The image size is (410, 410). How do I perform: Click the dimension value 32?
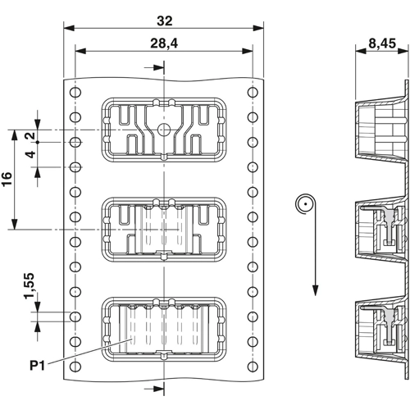coord(165,21)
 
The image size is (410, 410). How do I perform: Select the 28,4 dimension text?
coord(164,43)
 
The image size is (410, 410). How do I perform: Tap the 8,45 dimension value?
coord(382,43)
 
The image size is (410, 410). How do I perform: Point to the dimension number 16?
coord(7,179)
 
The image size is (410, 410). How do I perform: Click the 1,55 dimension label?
coord(30,285)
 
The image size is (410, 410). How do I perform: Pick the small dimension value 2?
coord(31,135)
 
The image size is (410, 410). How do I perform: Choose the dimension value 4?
coord(31,154)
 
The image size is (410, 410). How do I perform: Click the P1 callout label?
coord(37,366)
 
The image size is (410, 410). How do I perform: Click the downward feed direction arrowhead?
coord(315,290)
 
